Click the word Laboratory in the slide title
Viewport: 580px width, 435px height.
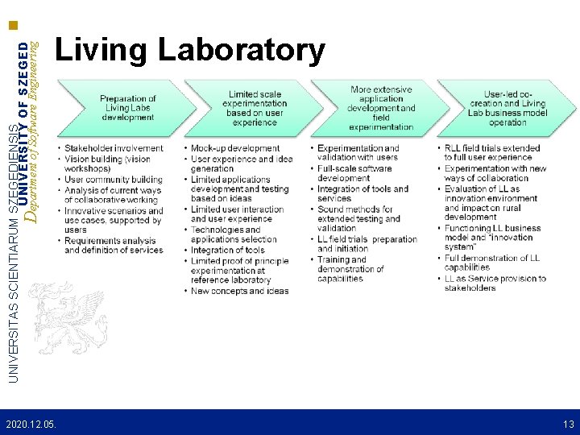click(x=242, y=50)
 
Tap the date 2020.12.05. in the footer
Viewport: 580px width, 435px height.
click(x=31, y=424)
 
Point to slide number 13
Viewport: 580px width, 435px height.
click(x=568, y=424)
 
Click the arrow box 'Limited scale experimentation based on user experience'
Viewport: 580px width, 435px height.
click(x=256, y=109)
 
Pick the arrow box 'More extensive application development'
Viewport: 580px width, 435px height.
click(x=380, y=109)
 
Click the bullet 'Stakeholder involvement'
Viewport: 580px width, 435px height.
click(x=113, y=148)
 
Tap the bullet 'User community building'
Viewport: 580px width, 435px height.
click(x=113, y=180)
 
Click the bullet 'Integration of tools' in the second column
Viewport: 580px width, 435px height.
click(x=228, y=250)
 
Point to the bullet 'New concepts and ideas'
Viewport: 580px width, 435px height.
click(x=239, y=291)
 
